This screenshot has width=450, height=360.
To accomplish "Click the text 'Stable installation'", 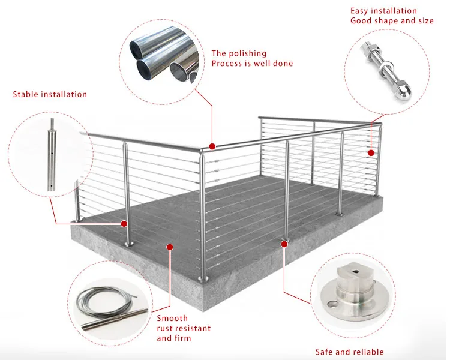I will click(50, 94).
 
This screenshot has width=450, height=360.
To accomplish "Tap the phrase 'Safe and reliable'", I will click(349, 352).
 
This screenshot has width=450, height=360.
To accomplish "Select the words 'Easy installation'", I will click(383, 11).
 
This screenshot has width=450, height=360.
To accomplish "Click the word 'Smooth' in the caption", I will click(172, 318).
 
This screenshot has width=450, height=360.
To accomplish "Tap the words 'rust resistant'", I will click(184, 328).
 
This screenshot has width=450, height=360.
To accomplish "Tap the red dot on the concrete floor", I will click(170, 246).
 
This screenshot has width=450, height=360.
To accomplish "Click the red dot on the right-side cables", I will click(371, 152).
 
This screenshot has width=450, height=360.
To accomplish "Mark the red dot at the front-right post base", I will click(283, 242).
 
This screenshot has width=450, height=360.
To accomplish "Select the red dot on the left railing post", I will click(125, 224).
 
